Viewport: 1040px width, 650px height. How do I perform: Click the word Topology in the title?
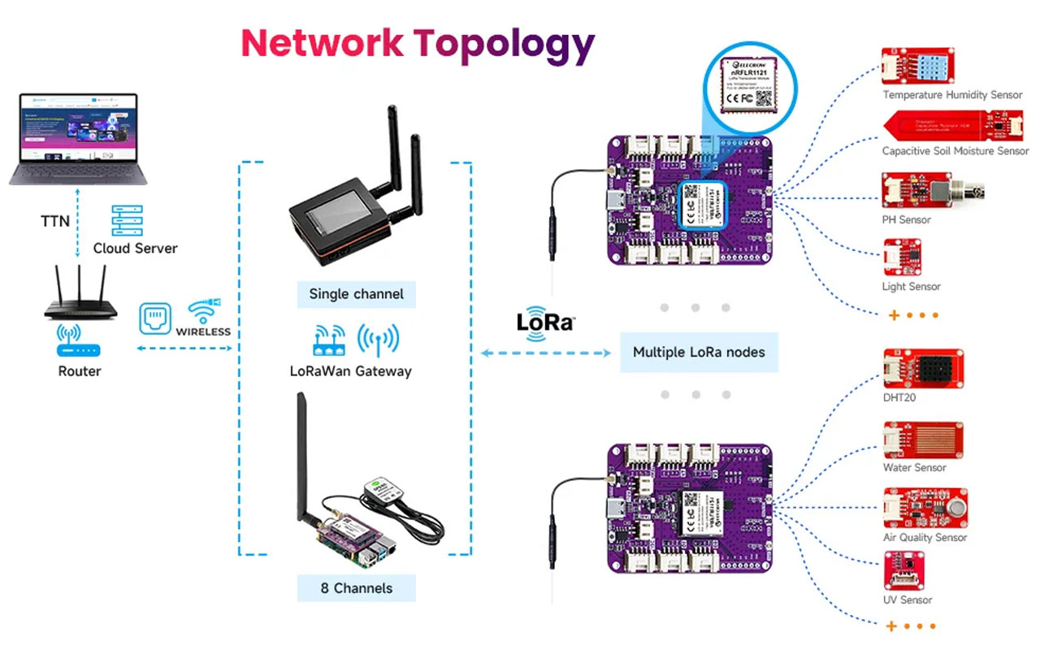coord(504,45)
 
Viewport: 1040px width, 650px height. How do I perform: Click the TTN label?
coord(55,220)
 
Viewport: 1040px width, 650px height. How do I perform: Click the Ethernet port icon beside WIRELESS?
coord(155,318)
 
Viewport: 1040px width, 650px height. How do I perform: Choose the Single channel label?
coord(356,294)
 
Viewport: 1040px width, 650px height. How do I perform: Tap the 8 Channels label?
coord(356,588)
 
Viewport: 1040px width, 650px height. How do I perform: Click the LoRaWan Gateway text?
coord(351,371)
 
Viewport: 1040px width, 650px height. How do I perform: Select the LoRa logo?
coord(545,321)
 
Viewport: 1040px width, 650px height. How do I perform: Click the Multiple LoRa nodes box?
coord(699,353)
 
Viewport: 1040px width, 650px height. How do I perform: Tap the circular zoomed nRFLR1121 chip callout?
coord(750,80)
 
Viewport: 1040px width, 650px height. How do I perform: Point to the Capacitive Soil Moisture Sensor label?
coord(955,151)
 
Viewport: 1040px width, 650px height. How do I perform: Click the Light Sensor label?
coord(912,287)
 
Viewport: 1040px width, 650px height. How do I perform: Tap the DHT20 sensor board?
coord(924,367)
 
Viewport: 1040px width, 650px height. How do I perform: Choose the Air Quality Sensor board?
coord(925,508)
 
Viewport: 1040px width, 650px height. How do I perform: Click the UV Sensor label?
coord(908,600)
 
